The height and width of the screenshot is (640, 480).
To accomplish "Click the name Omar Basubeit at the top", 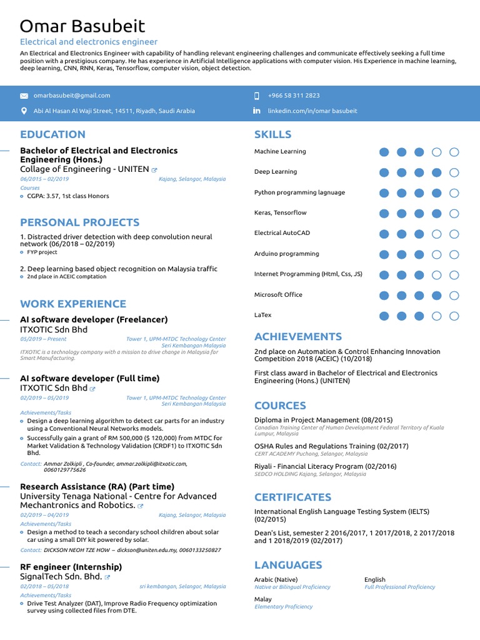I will tap(82, 26).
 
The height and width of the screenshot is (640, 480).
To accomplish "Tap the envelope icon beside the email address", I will tap(24, 96).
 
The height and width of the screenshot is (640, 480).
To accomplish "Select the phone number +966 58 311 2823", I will tap(294, 96).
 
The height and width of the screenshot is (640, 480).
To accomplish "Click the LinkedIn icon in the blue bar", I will tap(256, 111).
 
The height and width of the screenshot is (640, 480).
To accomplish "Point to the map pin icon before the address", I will tap(24, 111).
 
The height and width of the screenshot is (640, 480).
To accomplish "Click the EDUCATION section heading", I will tap(52, 134).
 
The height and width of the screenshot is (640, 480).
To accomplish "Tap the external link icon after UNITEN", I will tap(154, 169).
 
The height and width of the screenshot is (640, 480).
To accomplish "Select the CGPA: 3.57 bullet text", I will tap(67, 196).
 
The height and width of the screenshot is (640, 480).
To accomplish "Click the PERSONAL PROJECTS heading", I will tap(79, 222).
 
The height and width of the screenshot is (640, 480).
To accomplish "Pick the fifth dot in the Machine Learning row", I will tap(454, 152).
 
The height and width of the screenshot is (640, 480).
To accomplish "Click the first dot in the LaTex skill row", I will tap(384, 316).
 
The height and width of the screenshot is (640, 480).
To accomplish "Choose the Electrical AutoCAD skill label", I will tap(281, 233).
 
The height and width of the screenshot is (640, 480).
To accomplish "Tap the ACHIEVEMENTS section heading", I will tap(297, 337).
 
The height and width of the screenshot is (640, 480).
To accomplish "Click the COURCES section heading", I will tap(280, 406).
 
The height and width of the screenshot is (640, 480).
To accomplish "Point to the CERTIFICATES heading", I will tap(292, 497).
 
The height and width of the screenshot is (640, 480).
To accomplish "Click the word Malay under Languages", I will tap(262, 599).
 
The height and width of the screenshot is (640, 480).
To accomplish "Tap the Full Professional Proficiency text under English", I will tap(399, 587).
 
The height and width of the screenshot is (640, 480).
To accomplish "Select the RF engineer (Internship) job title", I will tap(71, 567).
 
